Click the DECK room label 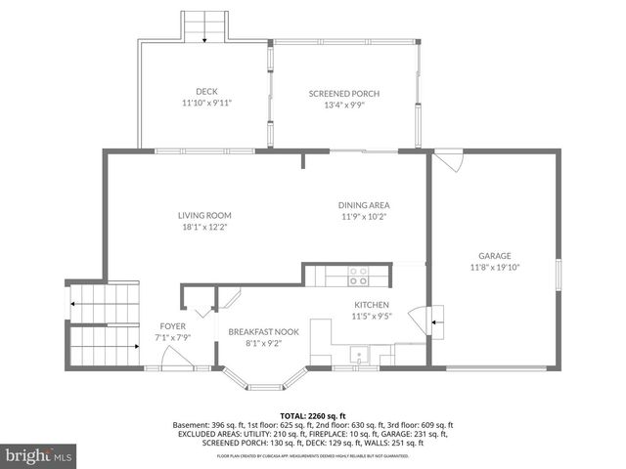[x=205, y=92]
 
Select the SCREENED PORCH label [x=344, y=93]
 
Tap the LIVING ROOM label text [x=204, y=215]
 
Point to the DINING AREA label [x=364, y=205]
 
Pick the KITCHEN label [x=372, y=304]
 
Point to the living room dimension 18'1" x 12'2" [x=204, y=227]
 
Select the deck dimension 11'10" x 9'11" [x=205, y=103]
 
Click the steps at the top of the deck [x=204, y=26]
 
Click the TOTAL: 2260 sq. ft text [x=313, y=413]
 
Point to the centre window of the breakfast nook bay [x=263, y=383]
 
